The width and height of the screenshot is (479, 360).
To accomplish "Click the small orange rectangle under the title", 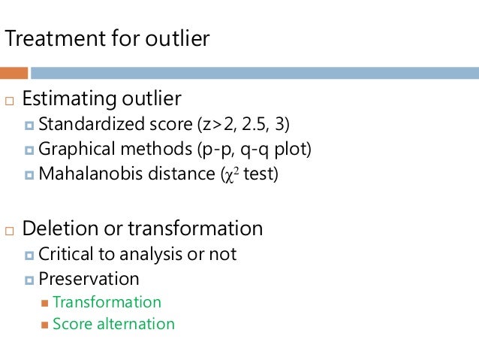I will [x=14, y=73].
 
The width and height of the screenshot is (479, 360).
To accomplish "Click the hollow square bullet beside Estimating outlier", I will [x=8, y=100].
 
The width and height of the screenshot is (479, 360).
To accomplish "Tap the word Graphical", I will [x=73, y=149].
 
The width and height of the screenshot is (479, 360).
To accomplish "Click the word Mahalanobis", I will [x=85, y=174].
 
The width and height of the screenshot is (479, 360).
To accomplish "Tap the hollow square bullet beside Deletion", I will [x=8, y=229].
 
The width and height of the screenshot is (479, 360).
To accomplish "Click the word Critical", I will [x=64, y=254].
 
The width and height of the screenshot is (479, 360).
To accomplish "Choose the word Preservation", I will [x=89, y=279].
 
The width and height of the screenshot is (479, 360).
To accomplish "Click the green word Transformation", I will [x=107, y=302].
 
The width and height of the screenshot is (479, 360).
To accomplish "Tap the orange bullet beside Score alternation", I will [x=45, y=325].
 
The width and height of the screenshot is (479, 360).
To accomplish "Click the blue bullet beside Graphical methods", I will [x=29, y=150].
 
